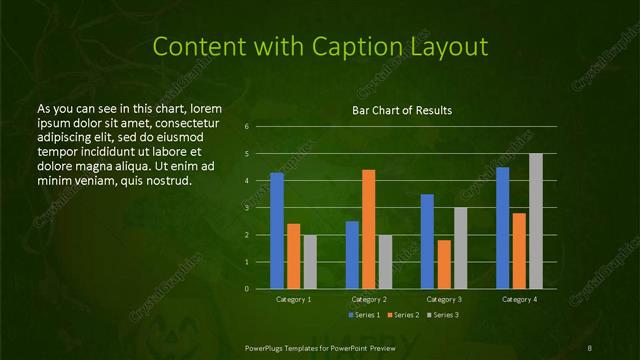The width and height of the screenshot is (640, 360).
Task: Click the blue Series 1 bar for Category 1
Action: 277,231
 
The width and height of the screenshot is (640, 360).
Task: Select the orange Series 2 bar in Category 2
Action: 368,229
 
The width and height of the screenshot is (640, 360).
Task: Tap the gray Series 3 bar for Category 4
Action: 535,221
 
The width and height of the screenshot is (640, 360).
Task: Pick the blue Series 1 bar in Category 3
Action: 427,241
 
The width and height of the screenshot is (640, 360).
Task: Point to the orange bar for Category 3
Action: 444,264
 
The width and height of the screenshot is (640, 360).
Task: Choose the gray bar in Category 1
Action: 310,261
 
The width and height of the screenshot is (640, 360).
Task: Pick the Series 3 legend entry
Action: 444,315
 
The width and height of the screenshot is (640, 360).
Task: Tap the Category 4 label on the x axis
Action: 519,299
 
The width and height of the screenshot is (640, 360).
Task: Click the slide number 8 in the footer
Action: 591,346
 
